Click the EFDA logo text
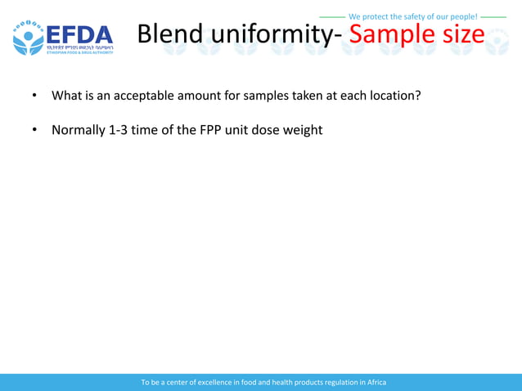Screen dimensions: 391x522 (x=79, y=34)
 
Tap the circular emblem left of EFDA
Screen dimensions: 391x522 (x=28, y=37)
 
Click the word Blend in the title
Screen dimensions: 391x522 (x=169, y=34)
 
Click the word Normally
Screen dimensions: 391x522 (x=78, y=129)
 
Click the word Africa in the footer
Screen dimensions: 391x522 (x=376, y=382)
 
